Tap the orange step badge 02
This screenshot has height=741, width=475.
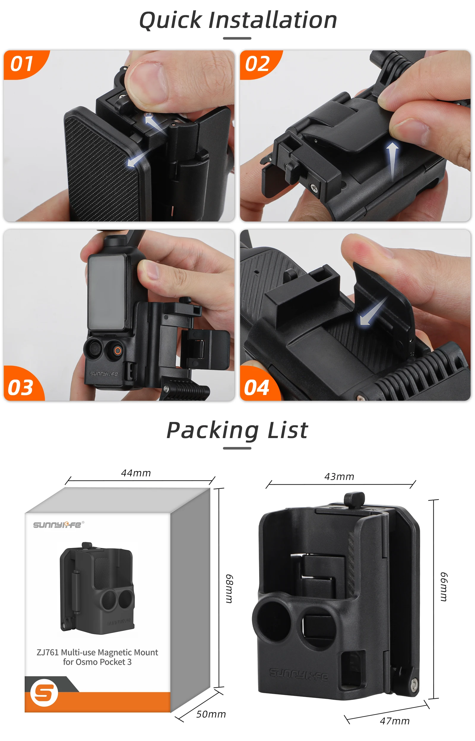pos(258,64)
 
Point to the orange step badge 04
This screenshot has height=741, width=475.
pos(256,388)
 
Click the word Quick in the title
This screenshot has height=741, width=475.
pos(171,20)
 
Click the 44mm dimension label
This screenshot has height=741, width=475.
pos(136,473)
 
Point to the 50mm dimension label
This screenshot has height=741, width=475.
pos(211,714)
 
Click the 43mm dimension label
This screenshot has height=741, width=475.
pos(339,477)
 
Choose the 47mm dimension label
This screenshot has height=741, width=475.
pos(395,721)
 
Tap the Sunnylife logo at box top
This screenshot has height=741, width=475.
pos(58,525)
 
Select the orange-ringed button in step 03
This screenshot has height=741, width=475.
pos(118,351)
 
